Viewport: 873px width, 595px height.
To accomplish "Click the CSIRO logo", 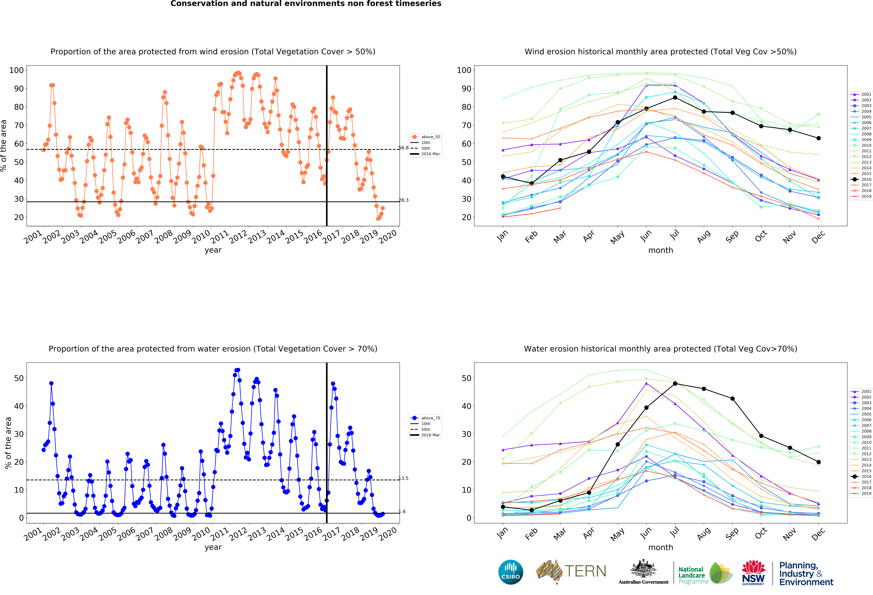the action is click(510, 572).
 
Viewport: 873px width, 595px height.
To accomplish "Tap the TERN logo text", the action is click(585, 571).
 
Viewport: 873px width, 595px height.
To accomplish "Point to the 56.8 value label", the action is click(403, 148).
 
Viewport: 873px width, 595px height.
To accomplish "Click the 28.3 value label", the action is click(403, 200).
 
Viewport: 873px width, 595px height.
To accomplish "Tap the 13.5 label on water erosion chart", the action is click(403, 478).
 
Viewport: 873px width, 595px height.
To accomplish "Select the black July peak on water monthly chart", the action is click(675, 384).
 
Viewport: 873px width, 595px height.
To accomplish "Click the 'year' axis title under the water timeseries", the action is click(213, 547).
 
